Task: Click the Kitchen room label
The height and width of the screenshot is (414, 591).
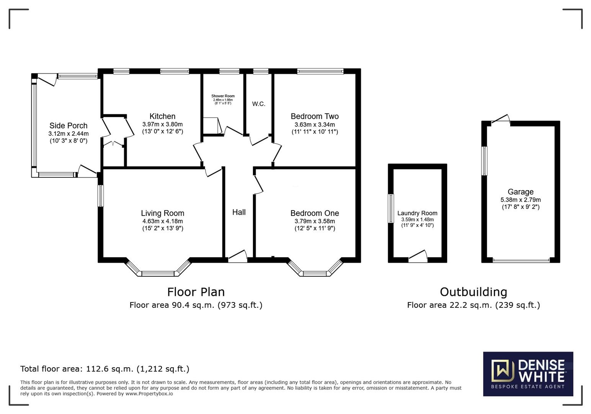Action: (x=162, y=117)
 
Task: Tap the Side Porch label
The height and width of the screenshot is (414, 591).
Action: (x=68, y=126)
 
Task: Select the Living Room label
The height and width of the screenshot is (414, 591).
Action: (x=162, y=213)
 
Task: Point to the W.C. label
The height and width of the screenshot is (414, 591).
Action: (x=259, y=104)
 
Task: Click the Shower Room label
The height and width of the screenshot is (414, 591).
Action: (x=223, y=96)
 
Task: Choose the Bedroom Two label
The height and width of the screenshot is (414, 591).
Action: (x=315, y=117)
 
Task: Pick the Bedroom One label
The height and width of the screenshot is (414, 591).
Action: (x=315, y=213)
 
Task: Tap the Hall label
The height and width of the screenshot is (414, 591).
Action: (x=239, y=212)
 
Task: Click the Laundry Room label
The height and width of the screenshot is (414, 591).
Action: (x=417, y=213)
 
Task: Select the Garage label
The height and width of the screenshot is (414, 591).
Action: (x=521, y=192)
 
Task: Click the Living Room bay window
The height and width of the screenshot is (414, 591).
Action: (x=158, y=273)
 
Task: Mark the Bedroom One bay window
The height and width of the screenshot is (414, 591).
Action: (x=315, y=273)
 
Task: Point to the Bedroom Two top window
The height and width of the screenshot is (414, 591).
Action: (x=320, y=71)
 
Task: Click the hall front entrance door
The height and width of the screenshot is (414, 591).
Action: (x=238, y=257)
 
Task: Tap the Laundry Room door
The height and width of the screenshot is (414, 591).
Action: (x=418, y=257)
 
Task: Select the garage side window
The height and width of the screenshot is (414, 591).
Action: (x=484, y=161)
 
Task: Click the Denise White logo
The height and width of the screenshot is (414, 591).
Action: (x=528, y=374)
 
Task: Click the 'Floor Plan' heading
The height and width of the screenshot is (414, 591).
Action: (x=196, y=292)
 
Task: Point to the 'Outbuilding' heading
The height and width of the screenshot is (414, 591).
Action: (x=473, y=292)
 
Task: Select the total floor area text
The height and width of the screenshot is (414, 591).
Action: (x=104, y=369)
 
